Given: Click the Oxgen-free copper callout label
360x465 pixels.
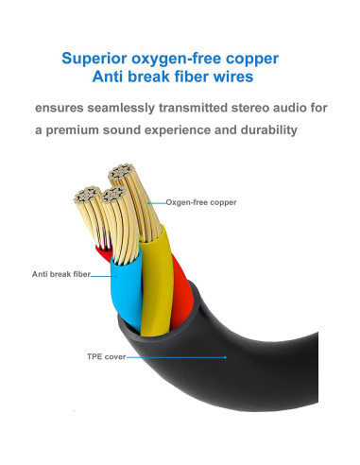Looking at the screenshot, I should point(201,202).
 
